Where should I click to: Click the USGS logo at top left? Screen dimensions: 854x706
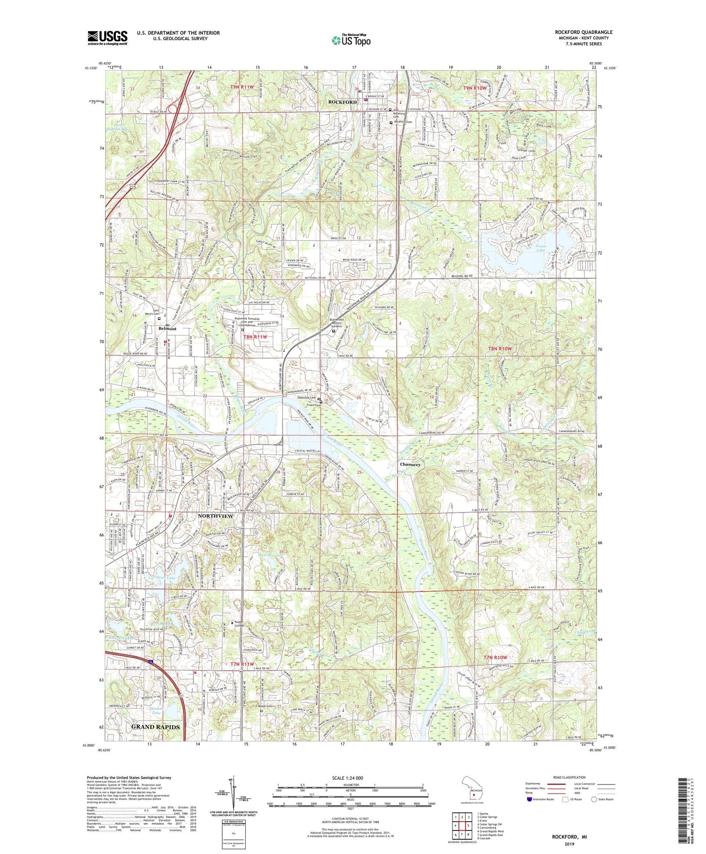[107, 38]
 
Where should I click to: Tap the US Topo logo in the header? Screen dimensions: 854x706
[350, 40]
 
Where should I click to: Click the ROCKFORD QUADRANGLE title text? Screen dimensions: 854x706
[583, 32]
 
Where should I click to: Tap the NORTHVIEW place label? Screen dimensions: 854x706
[215, 516]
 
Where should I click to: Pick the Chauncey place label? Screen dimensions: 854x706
[410, 464]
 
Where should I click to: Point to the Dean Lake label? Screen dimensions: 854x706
[165, 578]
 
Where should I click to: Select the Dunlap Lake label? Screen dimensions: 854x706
[270, 556]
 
